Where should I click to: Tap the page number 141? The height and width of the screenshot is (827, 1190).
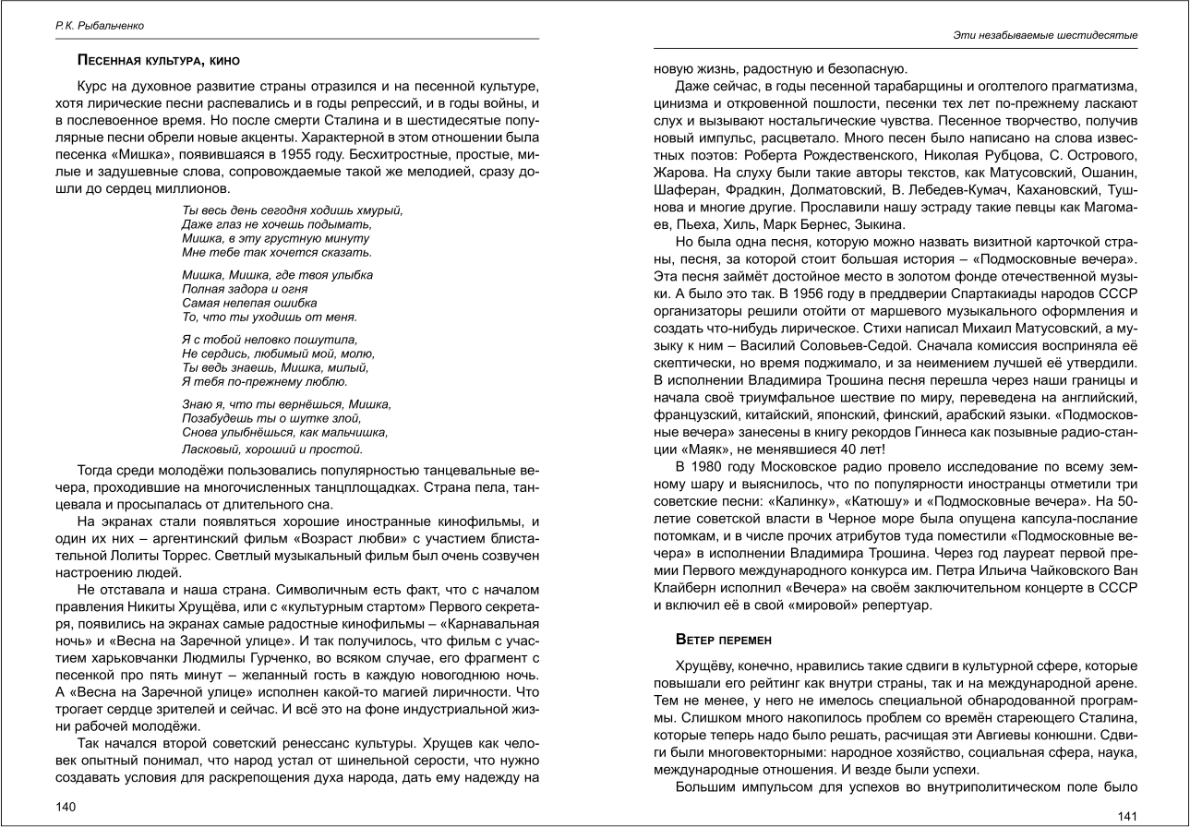pyautogui.click(x=1127, y=815)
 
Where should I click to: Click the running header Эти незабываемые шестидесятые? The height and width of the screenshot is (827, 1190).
pyautogui.click(x=1044, y=35)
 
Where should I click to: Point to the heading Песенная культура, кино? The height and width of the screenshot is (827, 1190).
pyautogui.click(x=158, y=61)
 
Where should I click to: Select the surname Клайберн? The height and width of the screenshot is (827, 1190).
pyautogui.click(x=688, y=587)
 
